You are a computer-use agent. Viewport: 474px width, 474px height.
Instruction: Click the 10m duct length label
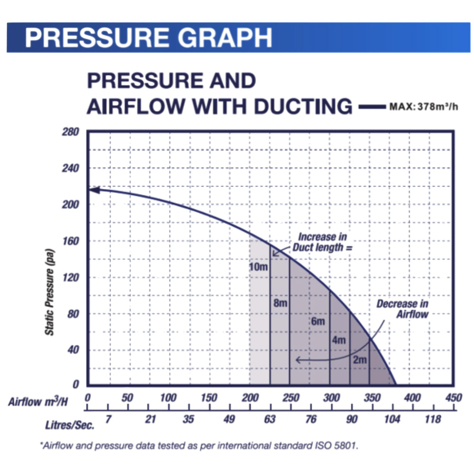tap(258, 267)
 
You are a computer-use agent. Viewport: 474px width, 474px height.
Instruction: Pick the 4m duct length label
tap(339, 340)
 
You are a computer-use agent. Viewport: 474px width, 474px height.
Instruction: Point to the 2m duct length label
tap(360, 360)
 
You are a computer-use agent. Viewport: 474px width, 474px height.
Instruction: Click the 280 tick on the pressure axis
tap(69, 132)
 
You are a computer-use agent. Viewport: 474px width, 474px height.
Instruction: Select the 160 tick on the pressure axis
tap(69, 241)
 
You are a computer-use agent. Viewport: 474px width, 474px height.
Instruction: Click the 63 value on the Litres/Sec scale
tap(270, 419)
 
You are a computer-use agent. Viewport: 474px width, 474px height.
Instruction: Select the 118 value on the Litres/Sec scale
tap(433, 419)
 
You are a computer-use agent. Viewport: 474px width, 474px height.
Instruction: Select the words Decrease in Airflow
tap(403, 309)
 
